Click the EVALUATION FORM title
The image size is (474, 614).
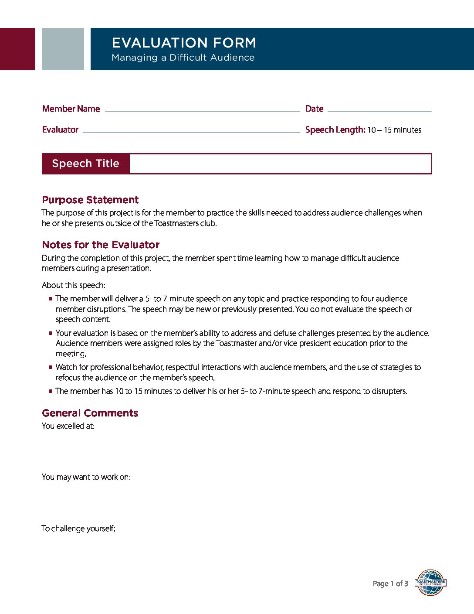coord(183,43)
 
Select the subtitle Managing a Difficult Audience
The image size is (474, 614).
coord(183,58)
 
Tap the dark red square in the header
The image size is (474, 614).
coord(17,49)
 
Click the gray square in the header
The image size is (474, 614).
coord(63,49)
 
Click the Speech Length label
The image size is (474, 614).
coord(335,130)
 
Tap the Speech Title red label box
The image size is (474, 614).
coord(86,164)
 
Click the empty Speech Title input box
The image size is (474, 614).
coord(280,164)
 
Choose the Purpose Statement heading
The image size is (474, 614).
coord(90,200)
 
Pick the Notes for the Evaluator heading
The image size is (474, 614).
coord(101,245)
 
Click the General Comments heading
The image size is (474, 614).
coord(90,413)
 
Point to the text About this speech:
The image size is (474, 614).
coord(73,285)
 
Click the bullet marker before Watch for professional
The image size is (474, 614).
coord(51,367)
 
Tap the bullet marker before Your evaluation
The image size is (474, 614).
coord(51,333)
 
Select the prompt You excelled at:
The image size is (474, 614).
coord(68,426)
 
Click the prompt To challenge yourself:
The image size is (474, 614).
coord(78,529)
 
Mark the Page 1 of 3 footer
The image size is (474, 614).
coord(390,583)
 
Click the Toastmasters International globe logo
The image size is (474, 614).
coord(430,583)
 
